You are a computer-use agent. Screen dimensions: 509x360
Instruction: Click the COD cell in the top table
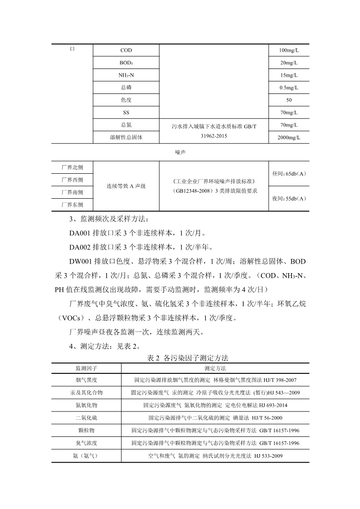(x=126, y=50)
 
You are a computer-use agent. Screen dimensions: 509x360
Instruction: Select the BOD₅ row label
(x=126, y=63)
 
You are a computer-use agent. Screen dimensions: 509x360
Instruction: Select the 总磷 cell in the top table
(x=126, y=88)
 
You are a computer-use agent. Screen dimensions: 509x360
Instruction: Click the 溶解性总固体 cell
(x=126, y=137)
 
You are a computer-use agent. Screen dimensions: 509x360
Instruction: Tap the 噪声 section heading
(x=180, y=152)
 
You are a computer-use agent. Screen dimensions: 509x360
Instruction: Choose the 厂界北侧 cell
(x=72, y=167)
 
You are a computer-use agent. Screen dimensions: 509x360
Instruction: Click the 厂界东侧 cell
(x=72, y=205)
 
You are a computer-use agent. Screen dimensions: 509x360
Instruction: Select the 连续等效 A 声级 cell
(x=126, y=186)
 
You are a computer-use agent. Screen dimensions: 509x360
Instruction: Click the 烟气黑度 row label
(x=87, y=380)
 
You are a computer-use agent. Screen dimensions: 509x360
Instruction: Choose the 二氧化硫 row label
(x=87, y=417)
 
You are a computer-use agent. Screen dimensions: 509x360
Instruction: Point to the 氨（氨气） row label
(x=87, y=455)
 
